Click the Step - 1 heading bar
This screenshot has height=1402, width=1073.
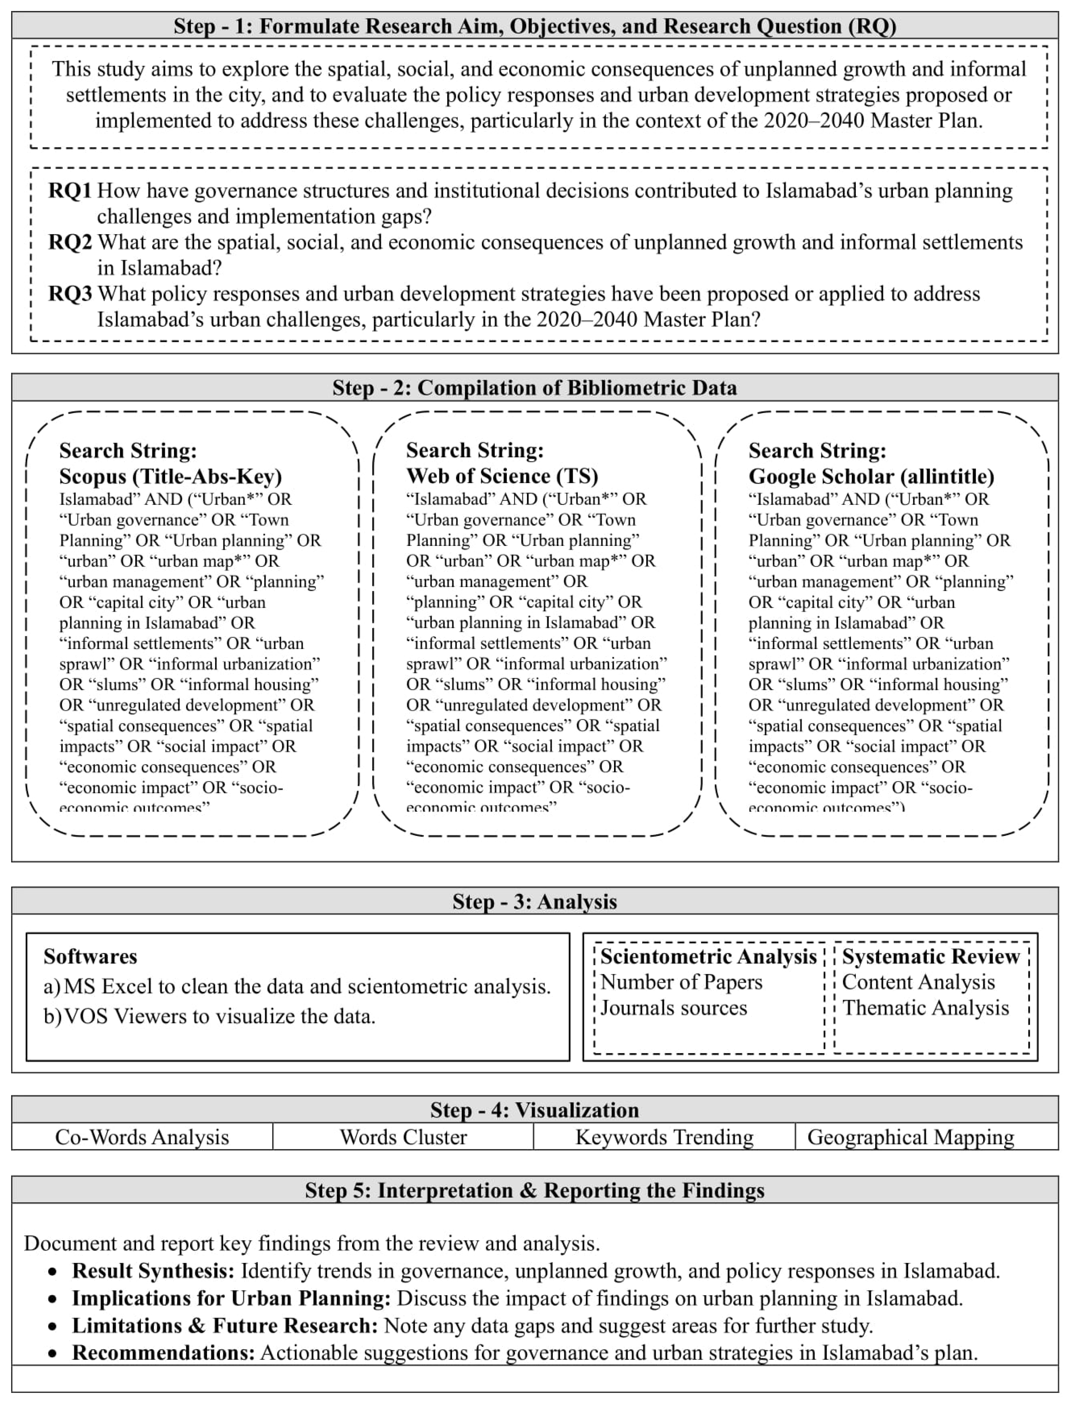point(535,26)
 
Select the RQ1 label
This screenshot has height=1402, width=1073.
point(70,191)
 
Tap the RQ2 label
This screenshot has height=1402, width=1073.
point(70,242)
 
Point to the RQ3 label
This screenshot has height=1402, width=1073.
point(70,294)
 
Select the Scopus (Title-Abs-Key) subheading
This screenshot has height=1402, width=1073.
point(171,476)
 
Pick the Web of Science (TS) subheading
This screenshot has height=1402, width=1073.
point(502,476)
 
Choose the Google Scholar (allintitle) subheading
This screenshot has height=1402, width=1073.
point(871,476)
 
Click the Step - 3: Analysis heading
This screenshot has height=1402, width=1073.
point(535,901)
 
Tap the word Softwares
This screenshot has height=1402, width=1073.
point(90,956)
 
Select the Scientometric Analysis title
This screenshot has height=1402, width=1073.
point(708,956)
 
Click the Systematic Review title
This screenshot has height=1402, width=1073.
point(930,956)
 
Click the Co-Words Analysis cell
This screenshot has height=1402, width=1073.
point(142,1137)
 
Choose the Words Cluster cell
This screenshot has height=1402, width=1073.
point(403,1137)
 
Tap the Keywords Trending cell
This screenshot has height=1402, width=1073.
point(664,1137)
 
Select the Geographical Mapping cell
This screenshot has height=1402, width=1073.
point(910,1137)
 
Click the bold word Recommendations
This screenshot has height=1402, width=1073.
point(163,1352)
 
